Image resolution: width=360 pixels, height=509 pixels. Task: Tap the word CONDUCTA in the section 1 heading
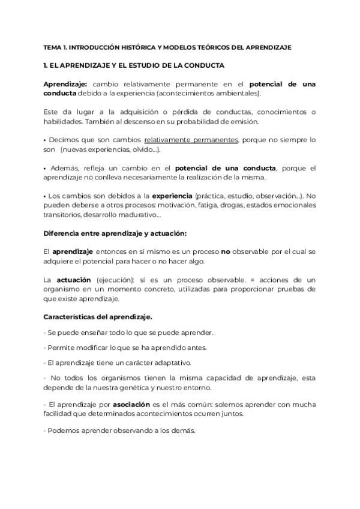[x=203, y=65]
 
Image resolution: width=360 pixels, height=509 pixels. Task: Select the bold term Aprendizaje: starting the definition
[x=65, y=85]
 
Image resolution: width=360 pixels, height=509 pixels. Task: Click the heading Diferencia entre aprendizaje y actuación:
[x=107, y=233]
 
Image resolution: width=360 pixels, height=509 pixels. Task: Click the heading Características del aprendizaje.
[x=98, y=316]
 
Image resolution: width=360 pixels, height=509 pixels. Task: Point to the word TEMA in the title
[x=53, y=47]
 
